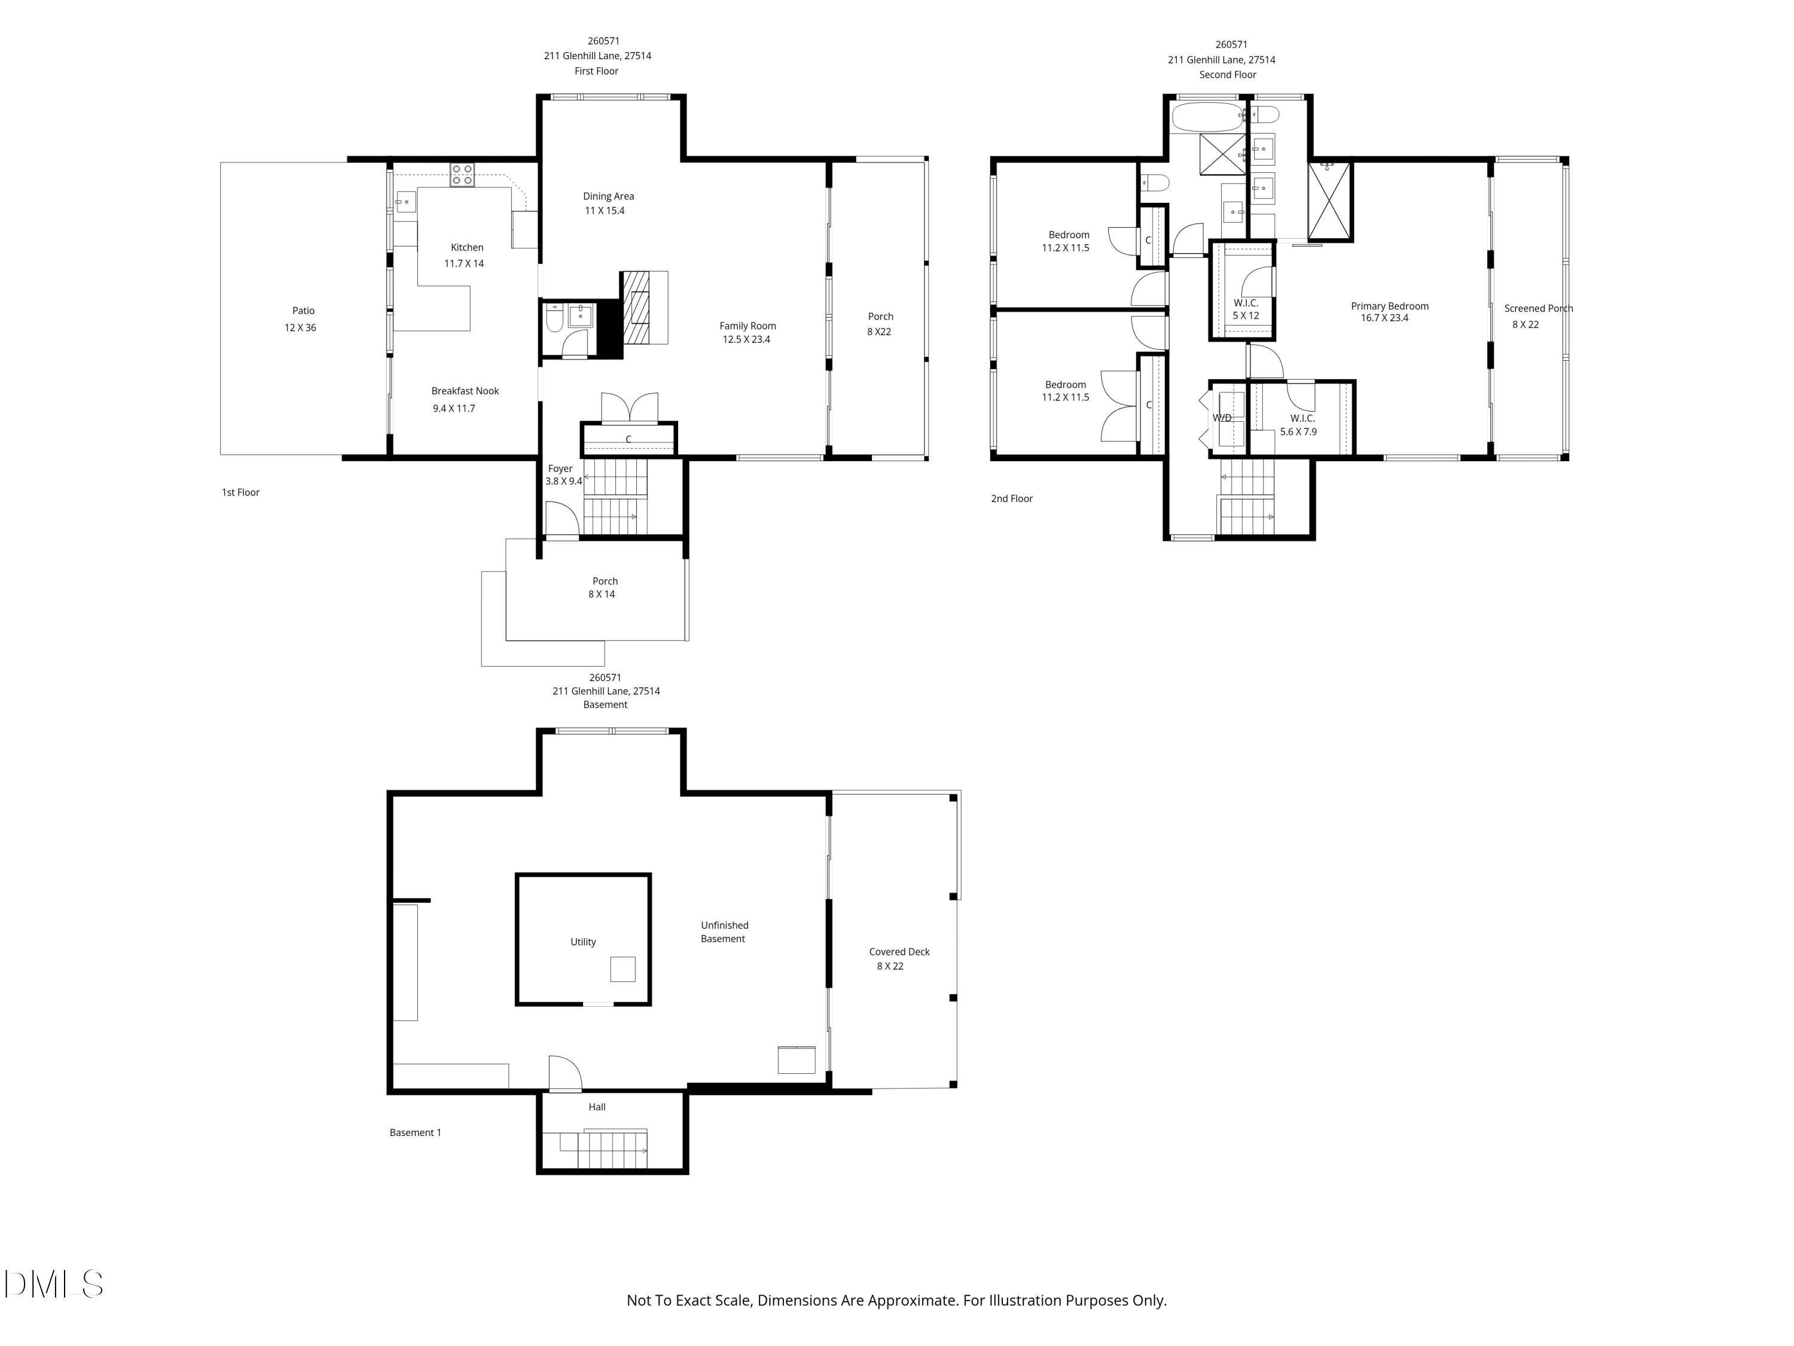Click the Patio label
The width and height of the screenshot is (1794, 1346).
(x=303, y=310)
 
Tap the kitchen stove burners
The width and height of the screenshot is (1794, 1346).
(x=462, y=175)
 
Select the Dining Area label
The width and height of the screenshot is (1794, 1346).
(x=608, y=196)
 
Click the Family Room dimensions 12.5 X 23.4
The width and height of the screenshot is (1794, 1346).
(x=746, y=340)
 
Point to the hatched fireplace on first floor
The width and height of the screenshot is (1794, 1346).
(x=637, y=307)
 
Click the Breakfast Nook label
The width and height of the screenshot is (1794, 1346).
(x=465, y=391)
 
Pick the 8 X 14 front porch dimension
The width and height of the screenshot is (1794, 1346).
(x=602, y=595)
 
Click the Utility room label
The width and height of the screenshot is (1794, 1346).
(x=583, y=942)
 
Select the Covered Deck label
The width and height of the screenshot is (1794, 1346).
(x=899, y=952)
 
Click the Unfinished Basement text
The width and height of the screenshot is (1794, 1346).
(x=724, y=932)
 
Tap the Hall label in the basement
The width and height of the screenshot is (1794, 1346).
(x=597, y=1107)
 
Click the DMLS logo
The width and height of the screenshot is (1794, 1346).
(x=54, y=1284)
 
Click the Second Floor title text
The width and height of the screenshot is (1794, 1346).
(x=1228, y=75)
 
